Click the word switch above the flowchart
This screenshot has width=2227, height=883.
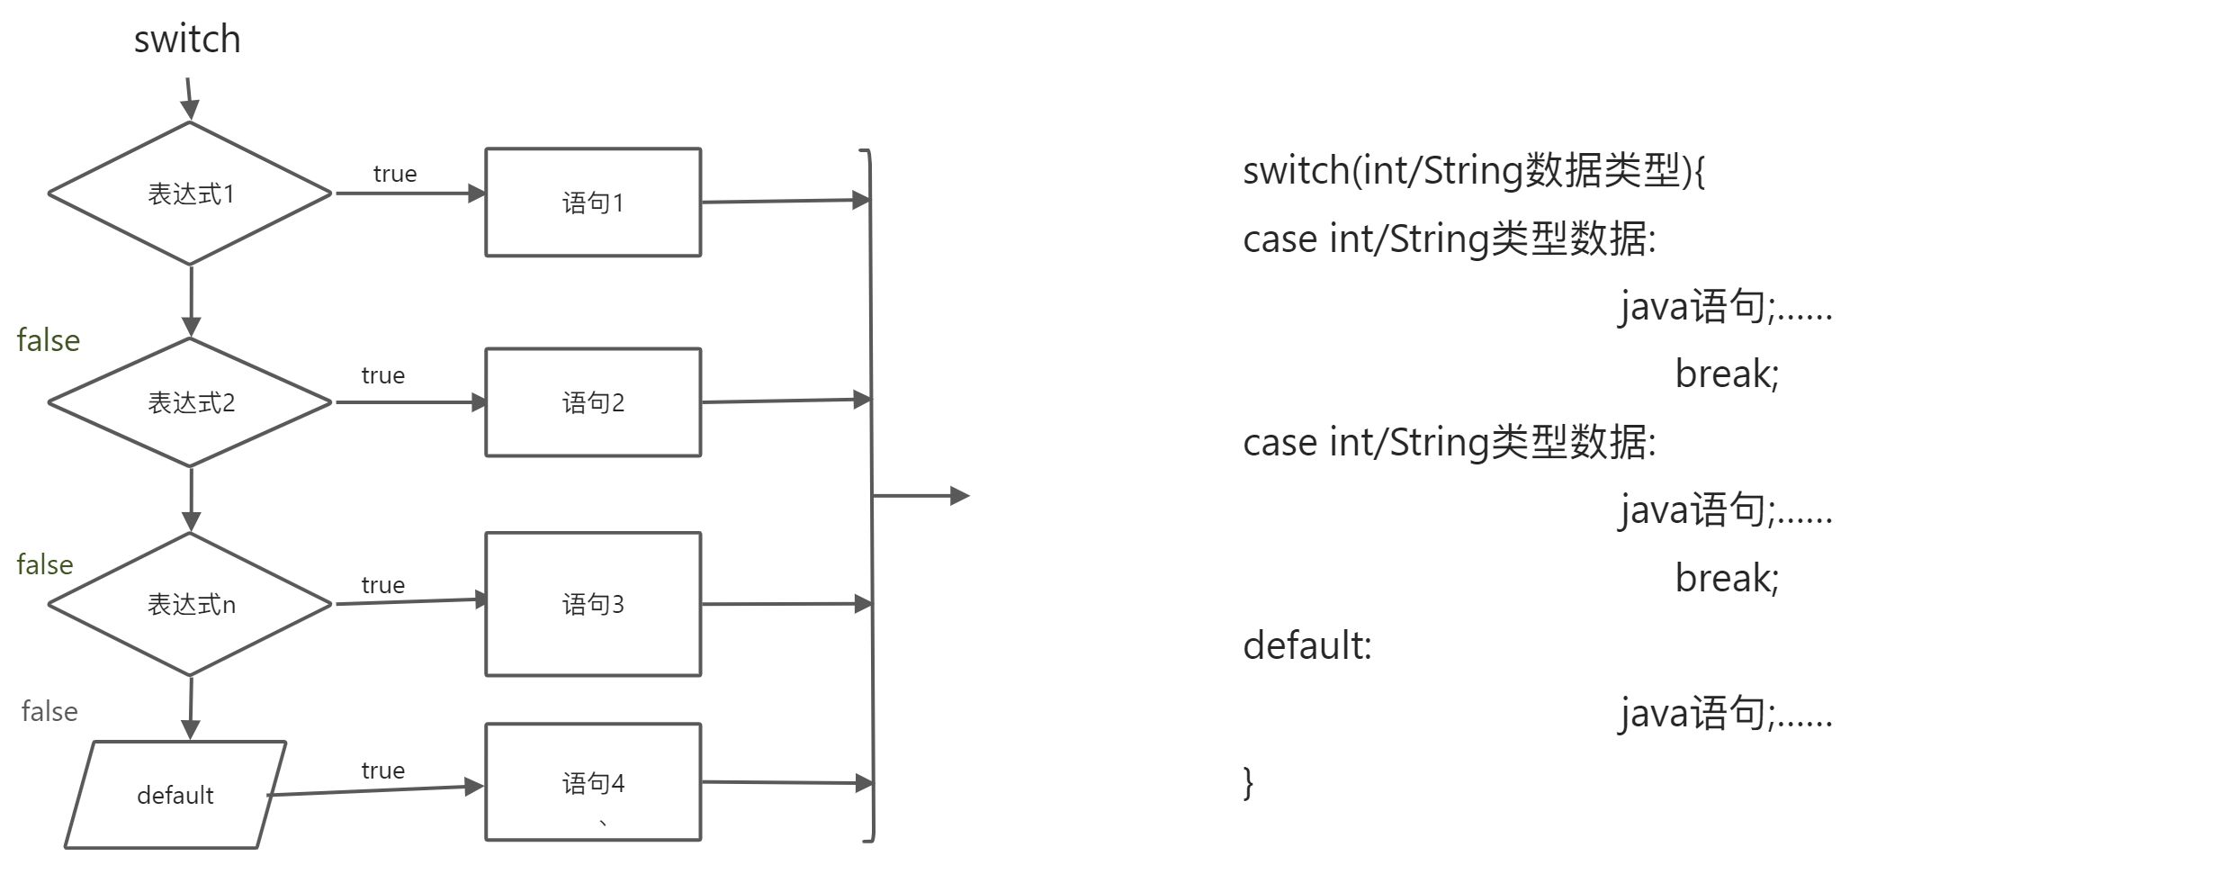pos(187,40)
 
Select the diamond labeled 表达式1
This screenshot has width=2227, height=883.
pos(190,194)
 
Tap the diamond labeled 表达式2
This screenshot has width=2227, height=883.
pos(190,402)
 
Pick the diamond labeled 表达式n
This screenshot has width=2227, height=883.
pos(190,604)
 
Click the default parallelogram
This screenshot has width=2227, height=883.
pos(175,795)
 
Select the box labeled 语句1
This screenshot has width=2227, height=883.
pos(593,203)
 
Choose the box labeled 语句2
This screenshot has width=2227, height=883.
pos(593,402)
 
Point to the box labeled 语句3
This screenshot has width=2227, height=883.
pos(593,604)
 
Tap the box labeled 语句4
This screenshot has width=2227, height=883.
pos(593,782)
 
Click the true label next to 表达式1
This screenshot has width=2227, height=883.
pos(395,174)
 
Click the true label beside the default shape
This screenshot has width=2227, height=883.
pos(382,770)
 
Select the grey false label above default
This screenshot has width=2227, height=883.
pos(49,712)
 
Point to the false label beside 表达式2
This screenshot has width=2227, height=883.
pos(48,340)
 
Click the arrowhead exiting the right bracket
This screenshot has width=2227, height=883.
pos(959,496)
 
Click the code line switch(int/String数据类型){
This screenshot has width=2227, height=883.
pos(1473,170)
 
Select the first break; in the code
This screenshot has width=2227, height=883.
pos(1726,374)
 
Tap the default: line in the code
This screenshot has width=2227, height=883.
pos(1307,645)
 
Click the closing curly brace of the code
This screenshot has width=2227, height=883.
pos(1248,782)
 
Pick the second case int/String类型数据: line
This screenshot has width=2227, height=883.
pos(1449,442)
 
